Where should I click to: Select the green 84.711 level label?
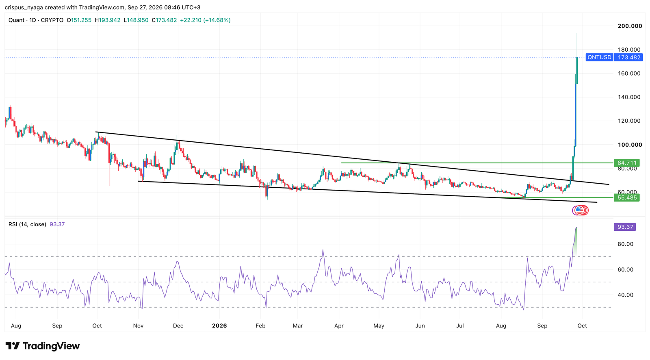point(626,163)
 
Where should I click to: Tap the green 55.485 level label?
point(626,198)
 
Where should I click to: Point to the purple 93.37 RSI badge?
point(625,227)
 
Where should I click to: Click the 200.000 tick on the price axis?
point(630,26)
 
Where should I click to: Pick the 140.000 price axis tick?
point(629,97)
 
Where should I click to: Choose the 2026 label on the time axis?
point(219,326)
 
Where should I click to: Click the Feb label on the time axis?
point(260,326)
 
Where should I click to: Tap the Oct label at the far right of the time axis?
point(582,326)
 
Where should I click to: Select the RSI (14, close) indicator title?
point(27,224)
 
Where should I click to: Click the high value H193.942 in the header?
point(107,20)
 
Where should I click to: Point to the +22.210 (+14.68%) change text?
point(205,20)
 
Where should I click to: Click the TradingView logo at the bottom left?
point(42,346)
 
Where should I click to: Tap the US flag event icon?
point(579,210)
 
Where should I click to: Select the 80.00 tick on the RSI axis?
point(625,244)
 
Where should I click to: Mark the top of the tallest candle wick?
point(577,33)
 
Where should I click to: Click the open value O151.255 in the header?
point(79,20)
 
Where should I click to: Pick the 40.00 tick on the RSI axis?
point(625,295)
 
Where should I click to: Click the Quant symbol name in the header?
point(16,20)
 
